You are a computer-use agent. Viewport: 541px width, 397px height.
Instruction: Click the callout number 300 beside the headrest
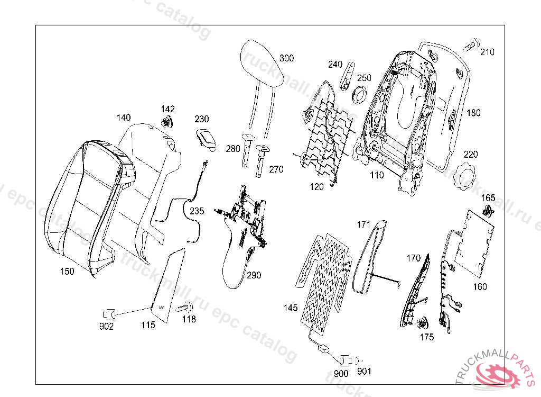point(287,58)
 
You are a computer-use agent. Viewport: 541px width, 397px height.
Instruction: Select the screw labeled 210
point(471,47)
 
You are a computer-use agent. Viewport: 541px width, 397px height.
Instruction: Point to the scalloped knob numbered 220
point(467,176)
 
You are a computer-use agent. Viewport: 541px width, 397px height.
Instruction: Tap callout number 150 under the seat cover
point(67,272)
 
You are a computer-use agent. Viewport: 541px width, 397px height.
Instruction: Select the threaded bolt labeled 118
point(185,308)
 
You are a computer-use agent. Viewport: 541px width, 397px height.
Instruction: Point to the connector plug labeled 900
point(346,359)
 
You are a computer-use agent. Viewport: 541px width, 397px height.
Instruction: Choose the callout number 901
point(364,372)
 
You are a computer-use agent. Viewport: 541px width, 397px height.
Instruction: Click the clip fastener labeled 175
point(424,323)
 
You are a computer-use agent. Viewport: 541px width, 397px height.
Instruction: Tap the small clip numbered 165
point(489,212)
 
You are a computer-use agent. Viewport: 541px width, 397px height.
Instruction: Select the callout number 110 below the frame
point(377,175)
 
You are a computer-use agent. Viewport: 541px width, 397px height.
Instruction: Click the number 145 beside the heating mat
point(291,308)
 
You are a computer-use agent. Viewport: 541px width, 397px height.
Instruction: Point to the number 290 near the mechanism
point(254,275)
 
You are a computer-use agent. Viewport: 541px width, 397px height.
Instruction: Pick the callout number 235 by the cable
point(197,211)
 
